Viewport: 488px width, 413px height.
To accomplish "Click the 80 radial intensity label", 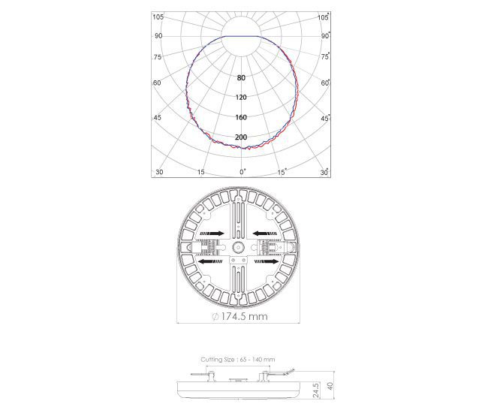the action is pyautogui.click(x=241, y=78).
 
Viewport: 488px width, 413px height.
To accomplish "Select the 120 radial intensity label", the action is pyautogui.click(x=241, y=98).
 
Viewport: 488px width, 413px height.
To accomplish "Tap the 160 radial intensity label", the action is pyautogui.click(x=241, y=117).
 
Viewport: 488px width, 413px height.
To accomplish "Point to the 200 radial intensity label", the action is pyautogui.click(x=241, y=137).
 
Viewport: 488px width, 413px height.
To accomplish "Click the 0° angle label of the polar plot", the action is pyautogui.click(x=242, y=172).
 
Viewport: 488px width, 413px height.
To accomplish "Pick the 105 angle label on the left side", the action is pyautogui.click(x=158, y=17).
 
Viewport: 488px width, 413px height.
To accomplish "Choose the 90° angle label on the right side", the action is pyautogui.click(x=325, y=36).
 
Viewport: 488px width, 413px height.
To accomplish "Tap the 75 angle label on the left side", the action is pyautogui.click(x=158, y=57).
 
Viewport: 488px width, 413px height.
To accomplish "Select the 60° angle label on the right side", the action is pyautogui.click(x=325, y=83).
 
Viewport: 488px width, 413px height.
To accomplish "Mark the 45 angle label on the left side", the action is pyautogui.click(x=158, y=118).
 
